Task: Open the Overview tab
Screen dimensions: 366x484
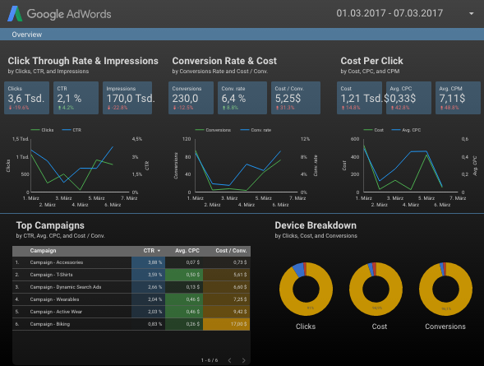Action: tap(27, 35)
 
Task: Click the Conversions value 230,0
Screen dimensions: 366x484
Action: tap(191, 98)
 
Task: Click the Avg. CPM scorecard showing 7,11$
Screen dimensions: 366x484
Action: tap(454, 98)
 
